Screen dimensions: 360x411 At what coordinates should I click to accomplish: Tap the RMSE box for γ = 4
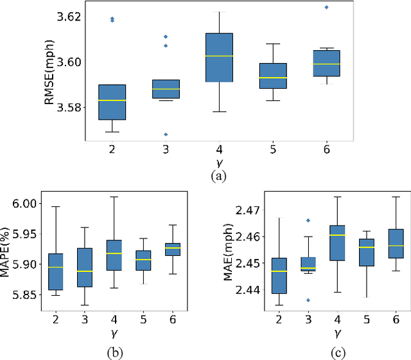point(224,58)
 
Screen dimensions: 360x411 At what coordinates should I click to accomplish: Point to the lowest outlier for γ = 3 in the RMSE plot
point(166,134)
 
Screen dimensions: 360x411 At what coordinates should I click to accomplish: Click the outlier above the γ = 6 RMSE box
point(327,7)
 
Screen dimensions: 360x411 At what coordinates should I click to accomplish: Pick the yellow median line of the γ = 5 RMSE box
point(277,78)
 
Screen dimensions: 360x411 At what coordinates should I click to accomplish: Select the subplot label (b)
point(114,352)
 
